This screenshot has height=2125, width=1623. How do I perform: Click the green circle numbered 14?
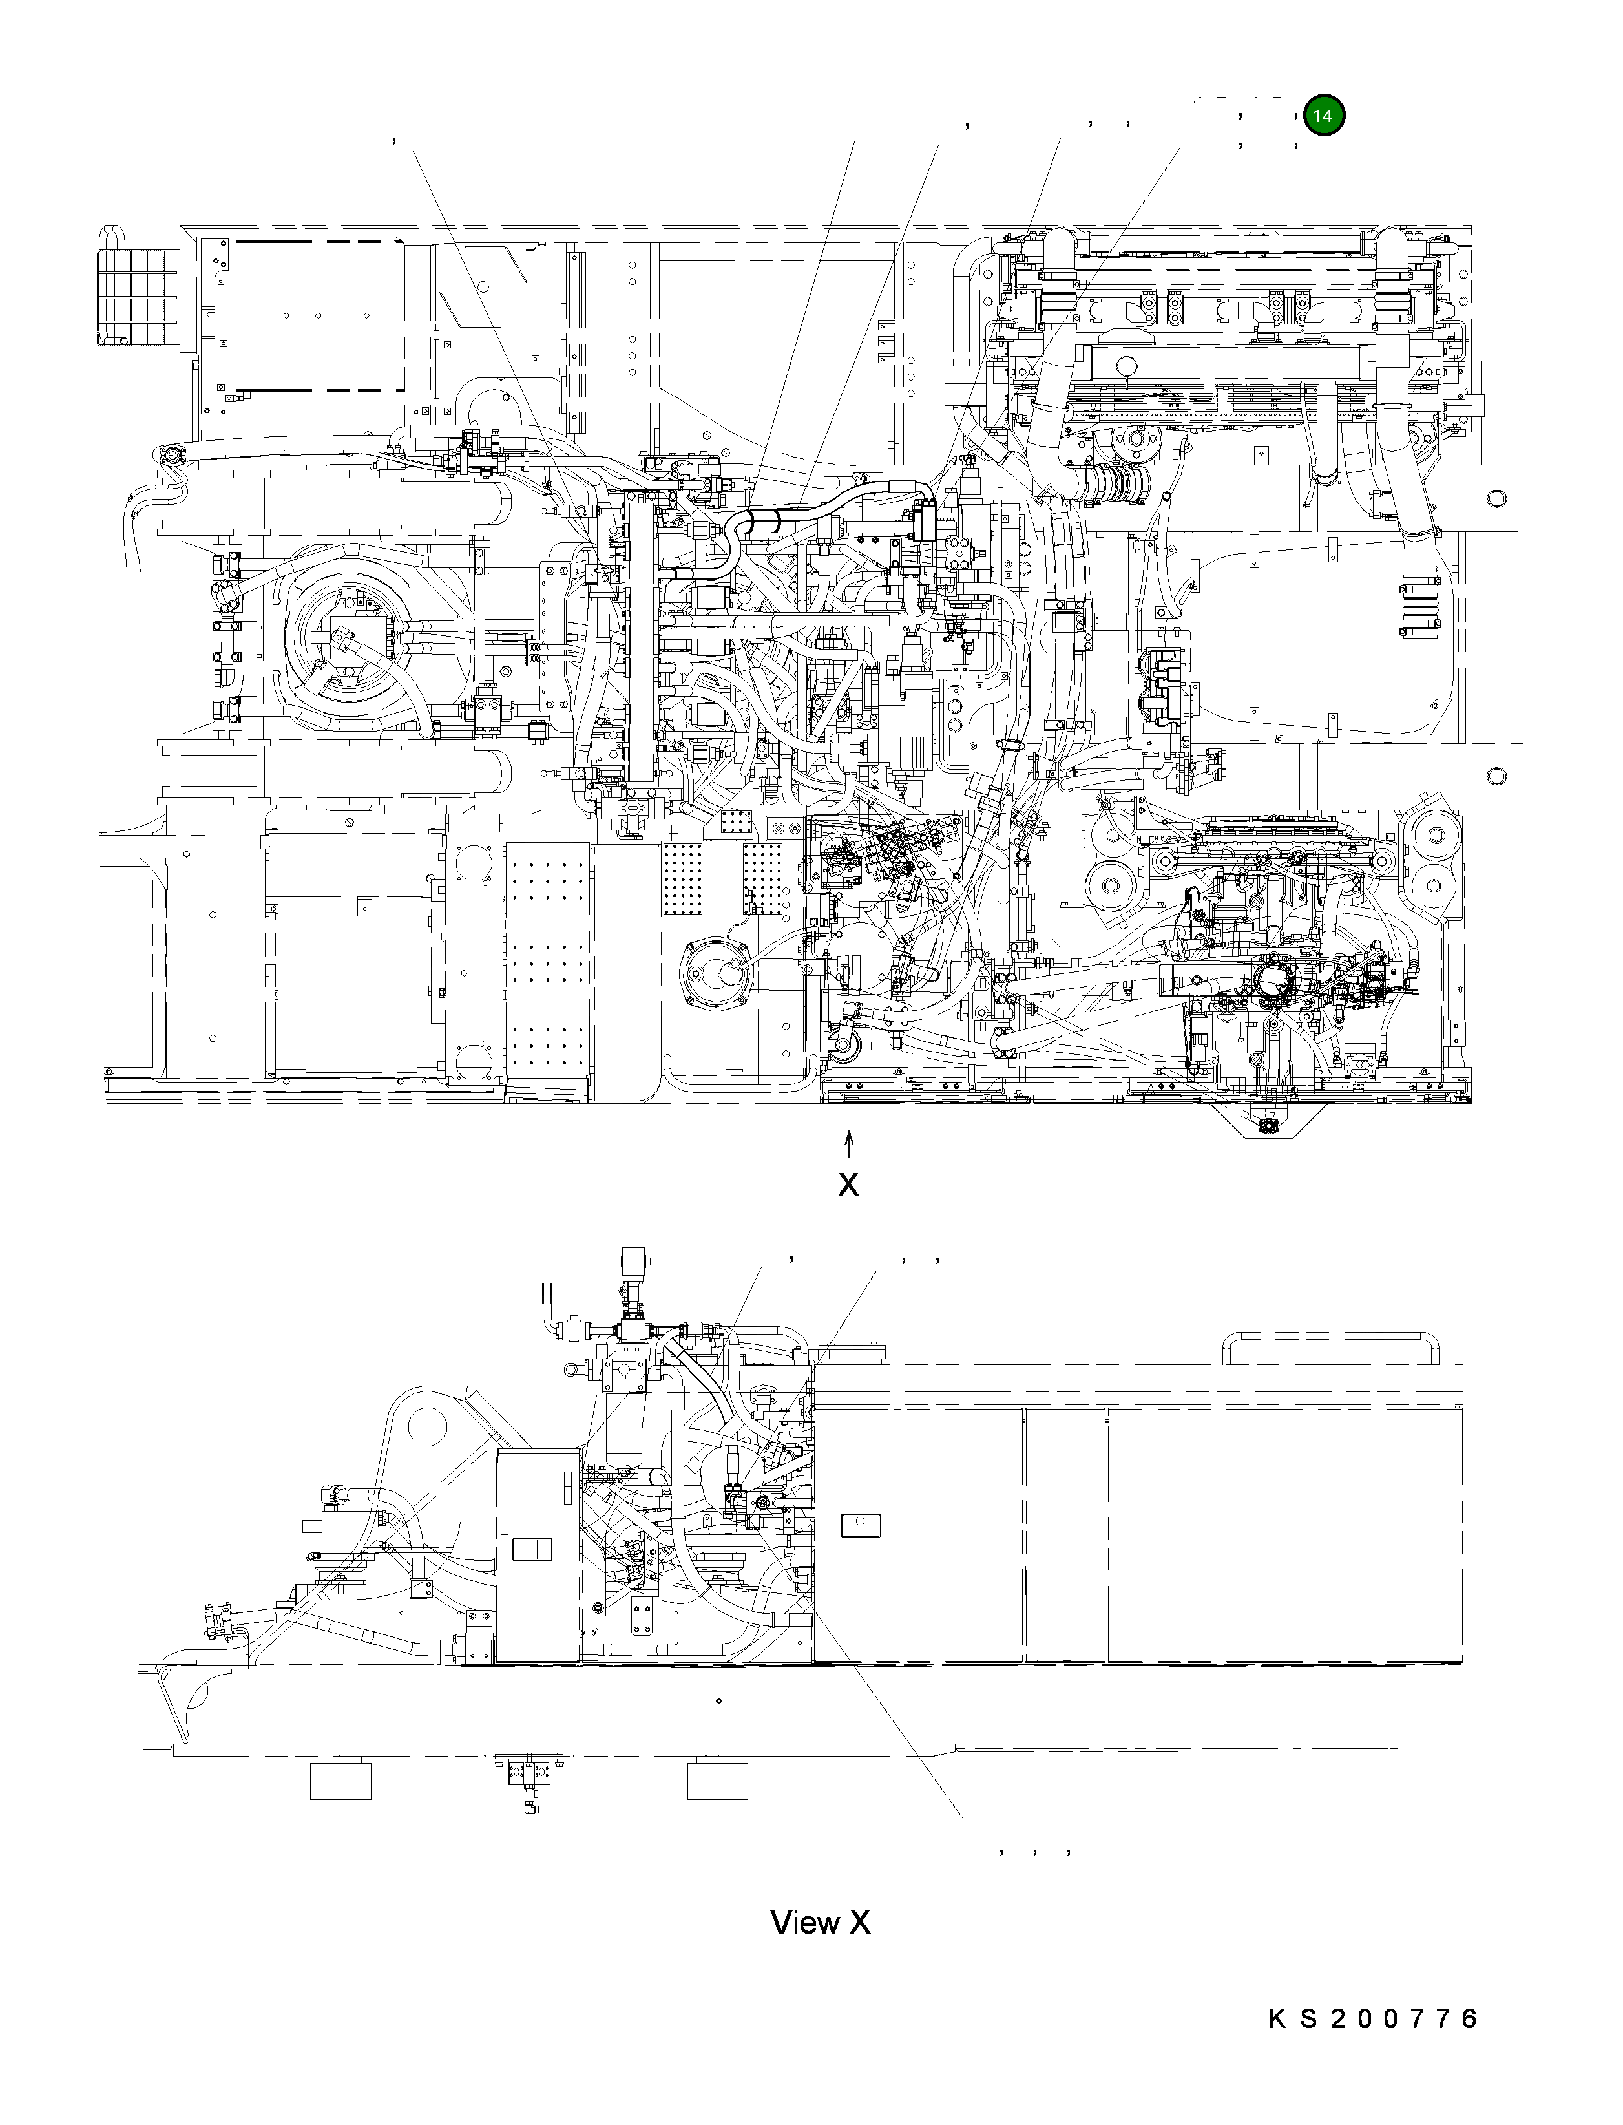click(x=1323, y=116)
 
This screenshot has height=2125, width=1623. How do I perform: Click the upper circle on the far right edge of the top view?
click(x=1496, y=499)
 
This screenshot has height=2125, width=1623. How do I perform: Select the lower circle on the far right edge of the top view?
click(x=1496, y=776)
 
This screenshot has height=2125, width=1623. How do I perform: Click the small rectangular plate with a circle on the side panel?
click(x=861, y=1525)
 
